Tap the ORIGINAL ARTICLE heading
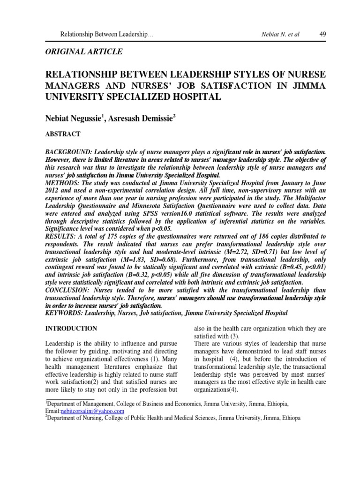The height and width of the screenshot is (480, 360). [84, 52]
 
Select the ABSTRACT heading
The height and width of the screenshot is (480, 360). [62, 134]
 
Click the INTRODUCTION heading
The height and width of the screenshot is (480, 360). [71, 328]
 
